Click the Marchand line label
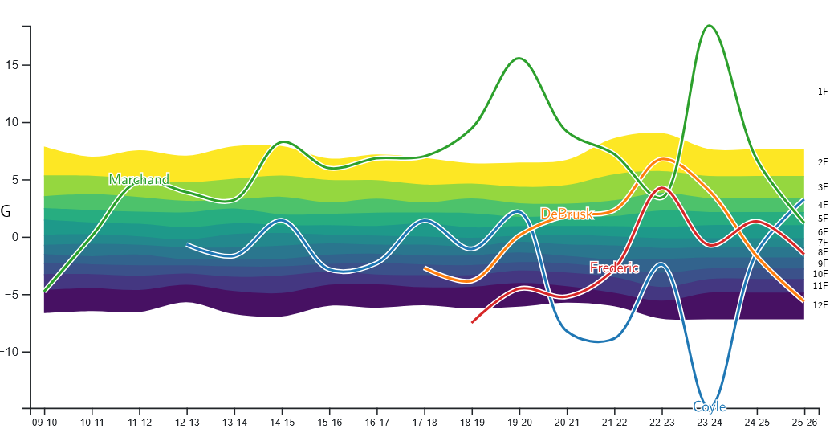point(139,179)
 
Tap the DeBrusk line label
point(567,214)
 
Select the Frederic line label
point(614,268)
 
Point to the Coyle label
point(710,407)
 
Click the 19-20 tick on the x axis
point(519,423)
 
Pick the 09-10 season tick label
point(45,423)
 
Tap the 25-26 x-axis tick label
point(804,423)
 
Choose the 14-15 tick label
point(282,423)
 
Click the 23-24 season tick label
point(710,423)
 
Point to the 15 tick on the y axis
point(12,66)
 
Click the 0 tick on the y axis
point(15,238)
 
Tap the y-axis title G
point(6,211)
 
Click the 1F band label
point(823,92)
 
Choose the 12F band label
point(820,305)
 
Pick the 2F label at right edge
point(823,162)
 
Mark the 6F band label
point(823,232)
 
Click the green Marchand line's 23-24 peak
point(709,26)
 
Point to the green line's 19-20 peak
point(519,58)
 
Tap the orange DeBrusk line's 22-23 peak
point(663,159)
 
